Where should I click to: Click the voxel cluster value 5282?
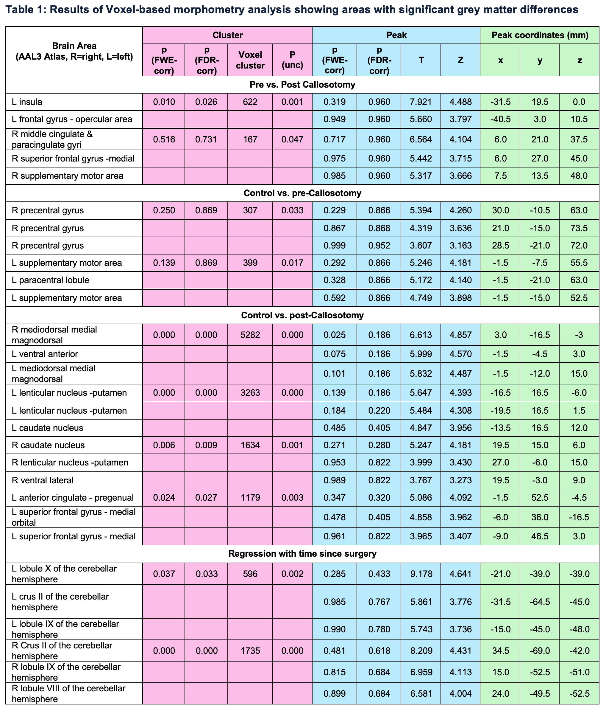click(250, 335)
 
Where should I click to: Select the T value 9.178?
click(421, 574)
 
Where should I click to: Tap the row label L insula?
click(27, 102)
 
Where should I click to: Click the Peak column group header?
click(396, 35)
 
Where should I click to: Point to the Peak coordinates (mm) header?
click(540, 35)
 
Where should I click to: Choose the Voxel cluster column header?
click(250, 60)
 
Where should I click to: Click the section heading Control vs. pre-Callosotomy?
click(302, 193)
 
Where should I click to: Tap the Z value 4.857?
click(460, 335)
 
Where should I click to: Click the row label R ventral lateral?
click(43, 480)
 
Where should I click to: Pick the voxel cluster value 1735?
click(250, 651)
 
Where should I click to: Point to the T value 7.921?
click(421, 102)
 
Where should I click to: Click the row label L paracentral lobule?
click(50, 280)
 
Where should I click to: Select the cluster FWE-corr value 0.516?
click(164, 139)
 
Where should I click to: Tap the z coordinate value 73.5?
click(579, 228)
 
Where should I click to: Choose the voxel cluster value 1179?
click(250, 498)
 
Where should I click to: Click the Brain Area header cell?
click(74, 51)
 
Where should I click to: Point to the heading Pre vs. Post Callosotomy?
click(302, 85)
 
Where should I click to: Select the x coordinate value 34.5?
click(500, 651)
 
